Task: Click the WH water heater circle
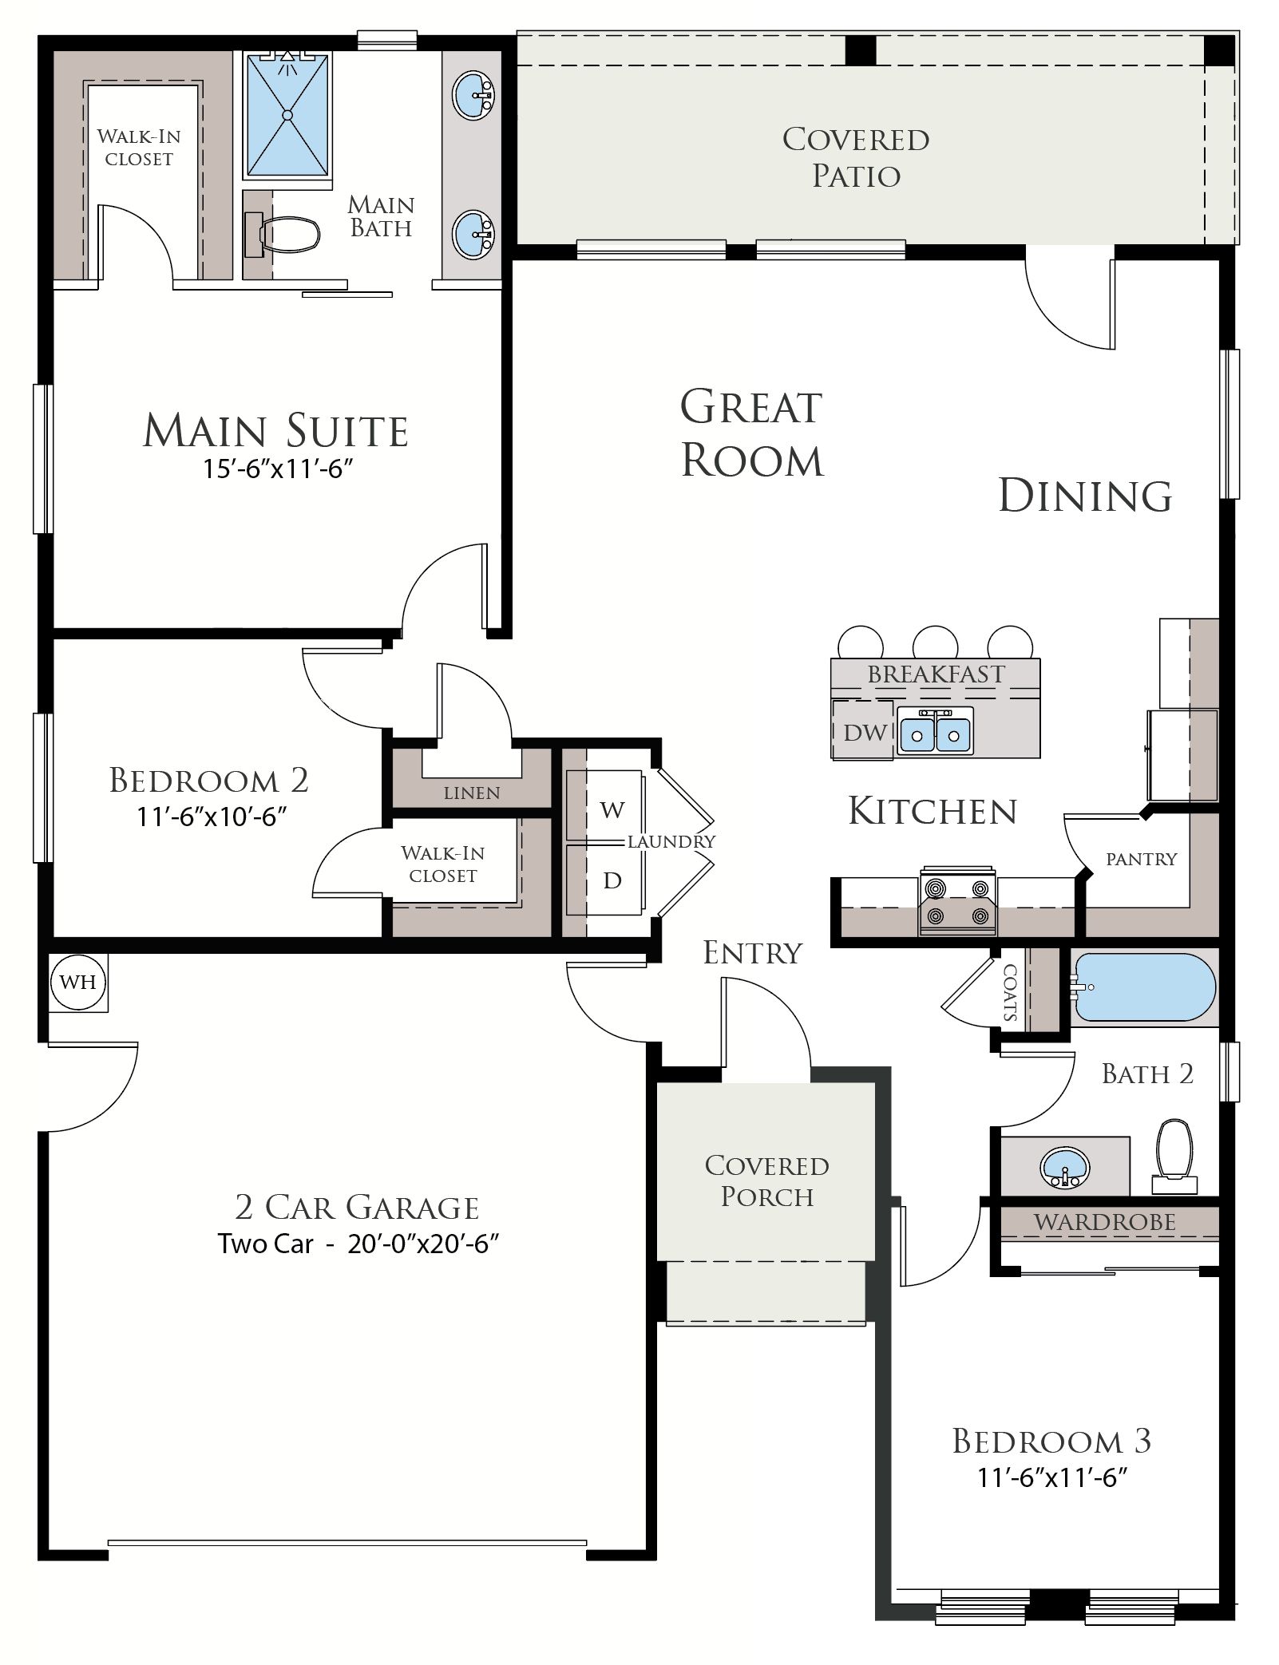click(77, 982)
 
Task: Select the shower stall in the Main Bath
click(287, 114)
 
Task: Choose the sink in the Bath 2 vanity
click(1065, 1169)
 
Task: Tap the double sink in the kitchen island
click(934, 731)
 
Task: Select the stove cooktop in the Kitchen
click(958, 900)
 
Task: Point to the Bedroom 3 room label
click(1051, 1441)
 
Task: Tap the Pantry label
click(1141, 859)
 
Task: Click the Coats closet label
click(1010, 992)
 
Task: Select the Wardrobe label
click(1105, 1222)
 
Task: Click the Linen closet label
click(472, 793)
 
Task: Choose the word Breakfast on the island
click(936, 674)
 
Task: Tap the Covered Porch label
click(766, 1181)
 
